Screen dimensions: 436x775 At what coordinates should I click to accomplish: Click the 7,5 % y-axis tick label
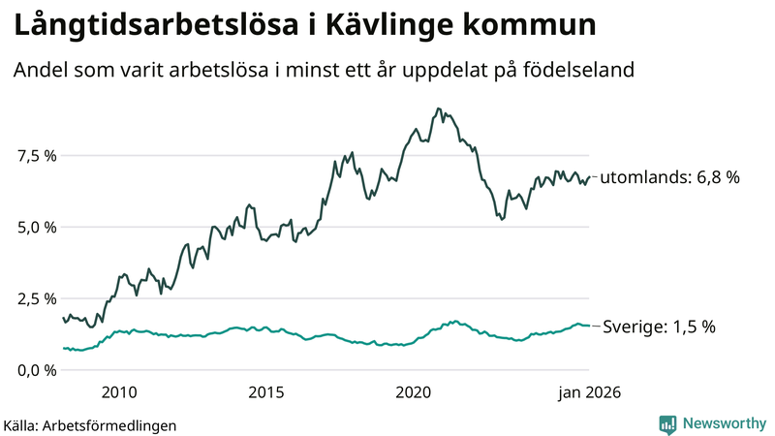[37, 155]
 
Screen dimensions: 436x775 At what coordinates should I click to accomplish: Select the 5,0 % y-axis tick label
[37, 227]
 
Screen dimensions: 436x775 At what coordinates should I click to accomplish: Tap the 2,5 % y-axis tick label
[37, 298]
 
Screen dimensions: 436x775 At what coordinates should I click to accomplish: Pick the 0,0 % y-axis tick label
[37, 370]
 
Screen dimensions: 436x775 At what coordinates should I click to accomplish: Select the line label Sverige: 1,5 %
[659, 327]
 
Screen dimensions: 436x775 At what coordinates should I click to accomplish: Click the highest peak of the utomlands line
[439, 109]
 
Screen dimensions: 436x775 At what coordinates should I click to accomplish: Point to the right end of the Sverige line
[588, 326]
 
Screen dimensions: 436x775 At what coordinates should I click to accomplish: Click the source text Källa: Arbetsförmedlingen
[90, 424]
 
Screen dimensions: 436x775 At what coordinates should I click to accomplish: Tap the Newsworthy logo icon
[667, 423]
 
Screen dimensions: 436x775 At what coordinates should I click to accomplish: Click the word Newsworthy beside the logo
[723, 423]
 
